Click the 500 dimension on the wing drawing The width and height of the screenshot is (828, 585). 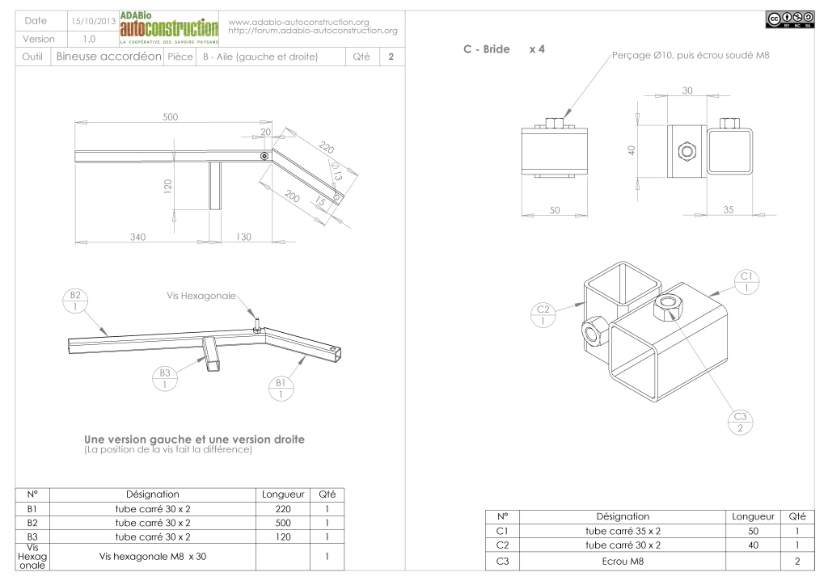[x=170, y=116]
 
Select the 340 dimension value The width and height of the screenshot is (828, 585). [x=137, y=237]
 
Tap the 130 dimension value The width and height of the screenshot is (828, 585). [x=243, y=237]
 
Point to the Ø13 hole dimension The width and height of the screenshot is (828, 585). [x=336, y=171]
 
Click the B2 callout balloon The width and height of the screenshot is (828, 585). [x=75, y=301]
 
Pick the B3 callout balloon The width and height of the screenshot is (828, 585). [x=165, y=379]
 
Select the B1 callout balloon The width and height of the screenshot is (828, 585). [x=281, y=388]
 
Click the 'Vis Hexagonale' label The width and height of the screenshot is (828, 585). [x=201, y=296]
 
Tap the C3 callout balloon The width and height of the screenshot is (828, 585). [x=741, y=422]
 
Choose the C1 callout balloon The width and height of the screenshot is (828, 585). [x=746, y=282]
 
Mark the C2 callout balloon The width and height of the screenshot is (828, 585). [x=543, y=315]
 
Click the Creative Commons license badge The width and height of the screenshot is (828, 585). [x=790, y=19]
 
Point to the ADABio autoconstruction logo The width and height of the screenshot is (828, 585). [x=169, y=28]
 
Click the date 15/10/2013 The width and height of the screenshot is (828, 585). [x=94, y=21]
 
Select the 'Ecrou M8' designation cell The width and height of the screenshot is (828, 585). [x=623, y=562]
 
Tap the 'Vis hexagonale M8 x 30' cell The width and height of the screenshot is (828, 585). [x=153, y=557]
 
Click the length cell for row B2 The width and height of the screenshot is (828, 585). [x=283, y=523]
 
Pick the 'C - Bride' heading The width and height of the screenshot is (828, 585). [x=486, y=49]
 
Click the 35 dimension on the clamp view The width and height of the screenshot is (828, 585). [x=729, y=209]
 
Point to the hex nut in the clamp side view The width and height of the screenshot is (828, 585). [x=686, y=152]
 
